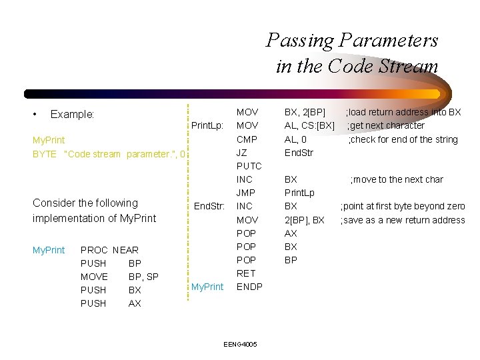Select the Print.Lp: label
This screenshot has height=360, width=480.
[x=207, y=125]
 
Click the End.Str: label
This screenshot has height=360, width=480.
[x=209, y=206]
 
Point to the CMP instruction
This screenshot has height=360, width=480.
[x=247, y=139]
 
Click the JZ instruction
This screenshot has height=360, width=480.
[x=242, y=153]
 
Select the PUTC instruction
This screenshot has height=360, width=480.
[x=249, y=166]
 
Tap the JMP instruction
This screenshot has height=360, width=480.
[x=247, y=193]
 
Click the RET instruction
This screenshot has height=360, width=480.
[x=245, y=273]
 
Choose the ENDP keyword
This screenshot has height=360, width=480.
[x=250, y=287]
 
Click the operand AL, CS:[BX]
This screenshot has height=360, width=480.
[x=309, y=125]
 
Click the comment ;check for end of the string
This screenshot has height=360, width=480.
[x=403, y=139]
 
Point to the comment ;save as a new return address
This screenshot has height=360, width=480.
[x=403, y=220]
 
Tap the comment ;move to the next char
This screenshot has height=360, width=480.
[x=397, y=179]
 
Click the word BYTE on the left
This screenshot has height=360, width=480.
[x=45, y=154]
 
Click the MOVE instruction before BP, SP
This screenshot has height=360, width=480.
[x=94, y=277]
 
